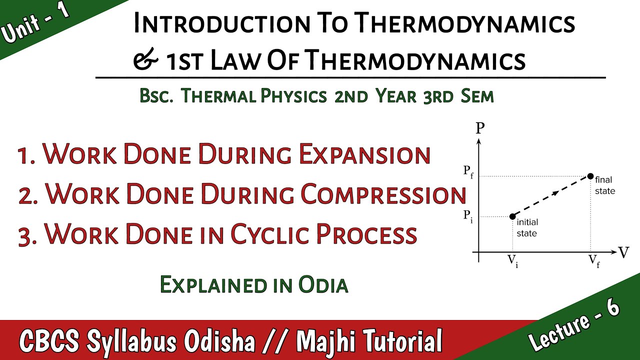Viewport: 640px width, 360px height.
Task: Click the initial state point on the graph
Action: (x=512, y=216)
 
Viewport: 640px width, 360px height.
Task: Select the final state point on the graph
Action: (x=590, y=176)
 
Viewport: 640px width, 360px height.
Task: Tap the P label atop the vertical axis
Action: (x=480, y=128)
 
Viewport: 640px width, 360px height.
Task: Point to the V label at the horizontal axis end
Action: (x=623, y=252)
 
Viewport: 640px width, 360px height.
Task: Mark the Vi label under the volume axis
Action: (x=513, y=260)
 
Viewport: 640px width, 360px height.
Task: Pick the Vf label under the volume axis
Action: (x=593, y=260)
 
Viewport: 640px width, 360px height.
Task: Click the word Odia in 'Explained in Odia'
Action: (x=322, y=284)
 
